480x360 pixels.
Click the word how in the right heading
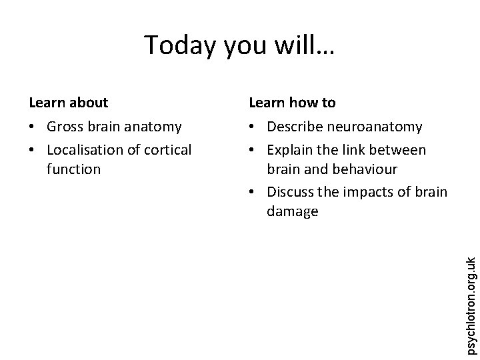click(x=303, y=103)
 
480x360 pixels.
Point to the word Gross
click(x=65, y=127)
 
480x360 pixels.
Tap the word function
click(x=73, y=169)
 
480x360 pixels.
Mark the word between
click(x=399, y=150)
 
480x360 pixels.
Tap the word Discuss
click(x=291, y=192)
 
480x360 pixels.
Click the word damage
click(x=292, y=212)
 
